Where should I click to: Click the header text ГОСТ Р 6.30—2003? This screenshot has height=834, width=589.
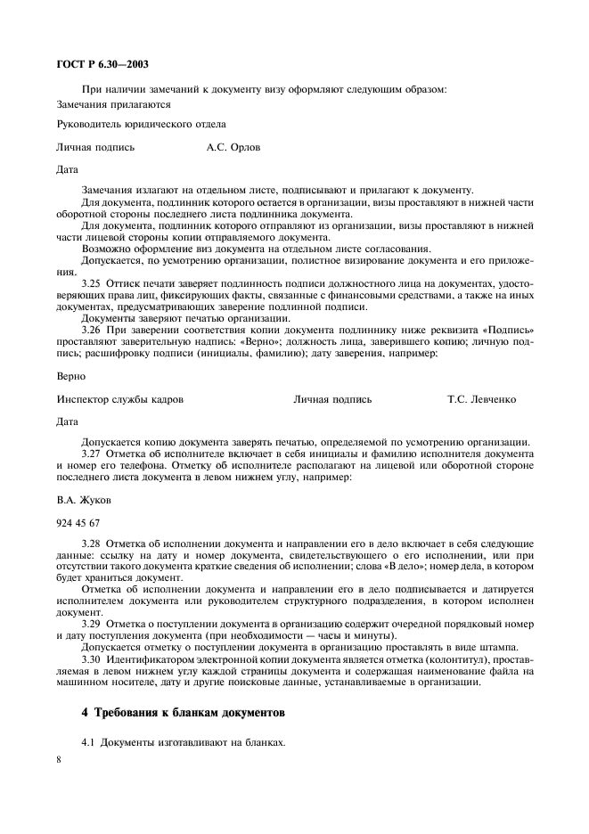click(100, 64)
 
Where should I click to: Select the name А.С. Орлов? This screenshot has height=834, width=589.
click(233, 148)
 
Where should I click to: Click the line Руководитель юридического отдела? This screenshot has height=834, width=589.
click(141, 125)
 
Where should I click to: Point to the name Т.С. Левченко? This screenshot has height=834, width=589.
click(481, 399)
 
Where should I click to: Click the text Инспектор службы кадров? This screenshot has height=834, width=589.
click(120, 399)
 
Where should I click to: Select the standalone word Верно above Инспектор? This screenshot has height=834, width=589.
click(71, 377)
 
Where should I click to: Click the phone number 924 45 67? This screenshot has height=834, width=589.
click(78, 522)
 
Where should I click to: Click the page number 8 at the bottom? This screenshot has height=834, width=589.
click(59, 759)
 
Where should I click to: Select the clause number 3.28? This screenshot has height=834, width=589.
click(92, 544)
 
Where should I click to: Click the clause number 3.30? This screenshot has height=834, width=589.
click(92, 658)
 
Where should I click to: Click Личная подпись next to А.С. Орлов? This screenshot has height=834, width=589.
click(95, 148)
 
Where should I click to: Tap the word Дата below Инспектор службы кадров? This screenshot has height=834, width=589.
click(68, 421)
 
